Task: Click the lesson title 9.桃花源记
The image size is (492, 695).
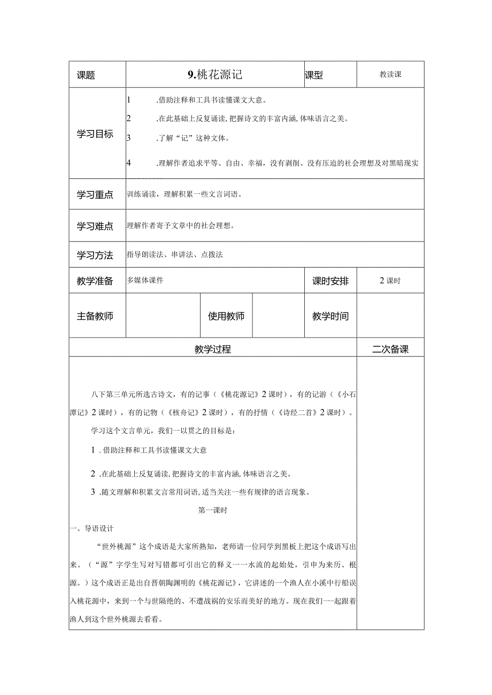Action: click(x=215, y=75)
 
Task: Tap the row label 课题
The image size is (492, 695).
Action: click(x=86, y=75)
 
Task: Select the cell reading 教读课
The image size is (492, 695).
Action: click(x=390, y=75)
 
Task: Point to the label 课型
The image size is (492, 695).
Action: click(x=314, y=75)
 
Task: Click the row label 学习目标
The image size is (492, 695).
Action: click(x=95, y=134)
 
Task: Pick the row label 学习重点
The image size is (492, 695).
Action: click(x=95, y=195)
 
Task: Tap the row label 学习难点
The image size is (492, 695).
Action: click(x=95, y=226)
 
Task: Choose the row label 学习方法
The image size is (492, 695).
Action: click(x=95, y=255)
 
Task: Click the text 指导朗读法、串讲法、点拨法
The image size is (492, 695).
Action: click(x=175, y=255)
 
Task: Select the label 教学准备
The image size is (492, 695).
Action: click(x=95, y=281)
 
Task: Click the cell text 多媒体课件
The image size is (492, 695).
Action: click(x=145, y=280)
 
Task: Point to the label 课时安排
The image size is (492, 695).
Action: click(x=330, y=281)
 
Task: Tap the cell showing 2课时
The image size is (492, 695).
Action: click(x=390, y=281)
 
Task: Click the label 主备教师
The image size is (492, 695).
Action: click(x=95, y=316)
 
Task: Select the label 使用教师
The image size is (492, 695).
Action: click(x=226, y=316)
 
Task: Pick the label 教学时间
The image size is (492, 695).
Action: click(x=330, y=316)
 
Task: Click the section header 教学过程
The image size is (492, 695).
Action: click(x=213, y=349)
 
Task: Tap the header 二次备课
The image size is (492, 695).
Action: click(x=390, y=349)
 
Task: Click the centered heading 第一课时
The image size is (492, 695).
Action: click(x=213, y=510)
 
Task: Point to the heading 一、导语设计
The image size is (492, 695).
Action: click(x=92, y=529)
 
